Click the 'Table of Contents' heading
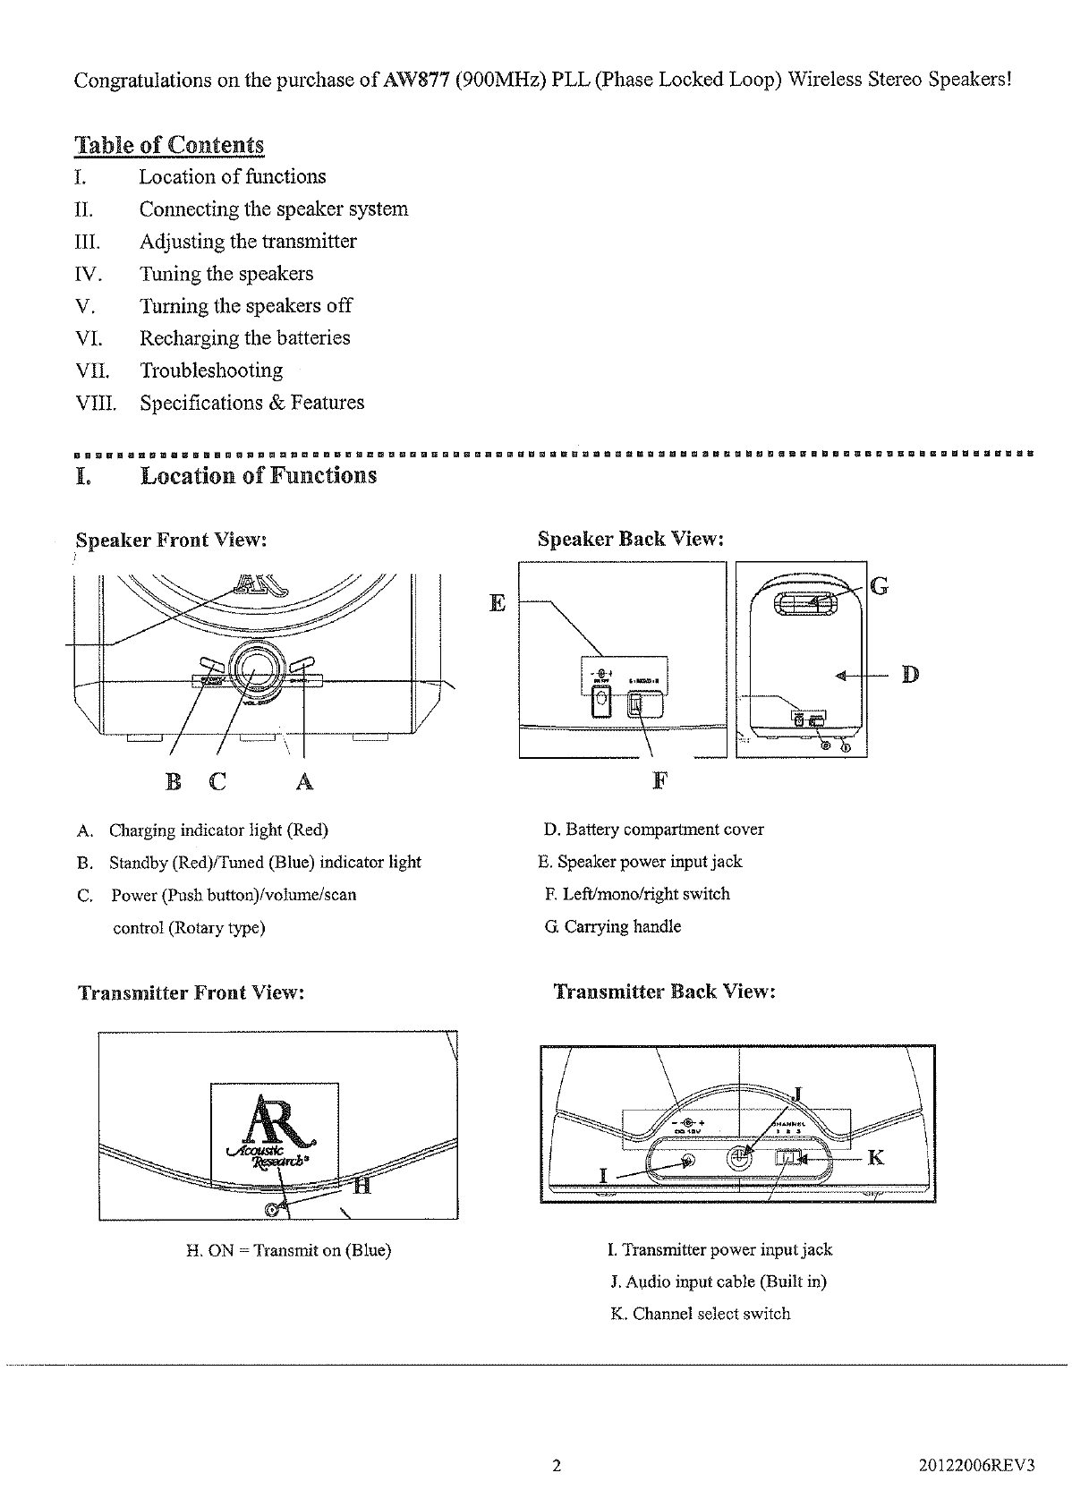coord(170,145)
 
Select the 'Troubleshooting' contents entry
coord(210,370)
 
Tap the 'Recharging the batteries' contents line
coord(244,338)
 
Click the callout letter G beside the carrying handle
coord(879,587)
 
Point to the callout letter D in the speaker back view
coord(909,674)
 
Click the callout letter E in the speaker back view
coord(498,603)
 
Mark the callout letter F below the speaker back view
coord(659,780)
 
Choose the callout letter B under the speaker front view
coord(174,782)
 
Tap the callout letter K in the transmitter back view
coord(876,1158)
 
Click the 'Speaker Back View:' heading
coord(630,539)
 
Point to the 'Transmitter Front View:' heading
coord(191,993)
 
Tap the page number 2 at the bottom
coord(557,1466)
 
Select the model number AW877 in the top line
coord(414,80)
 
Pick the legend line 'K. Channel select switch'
coord(701,1314)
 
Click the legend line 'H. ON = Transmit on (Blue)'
coord(288,1250)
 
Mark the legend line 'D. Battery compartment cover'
coord(654,830)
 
